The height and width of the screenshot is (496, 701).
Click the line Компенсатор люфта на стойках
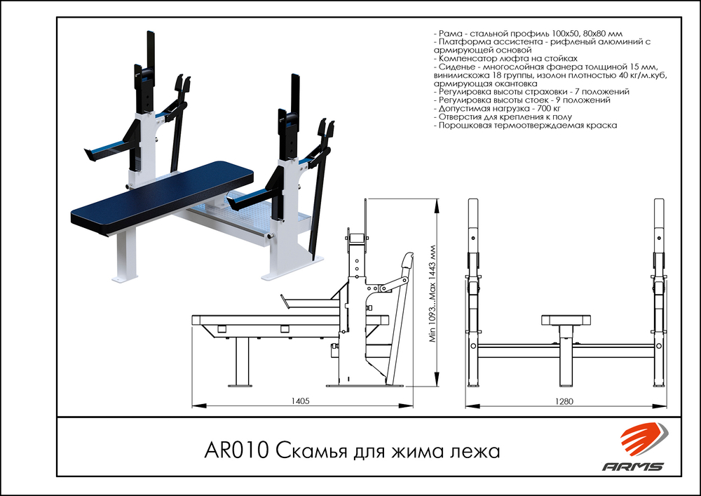[505, 59]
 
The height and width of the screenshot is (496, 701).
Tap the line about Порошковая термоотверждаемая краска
[526, 126]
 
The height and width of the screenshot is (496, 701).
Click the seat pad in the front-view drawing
[566, 321]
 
